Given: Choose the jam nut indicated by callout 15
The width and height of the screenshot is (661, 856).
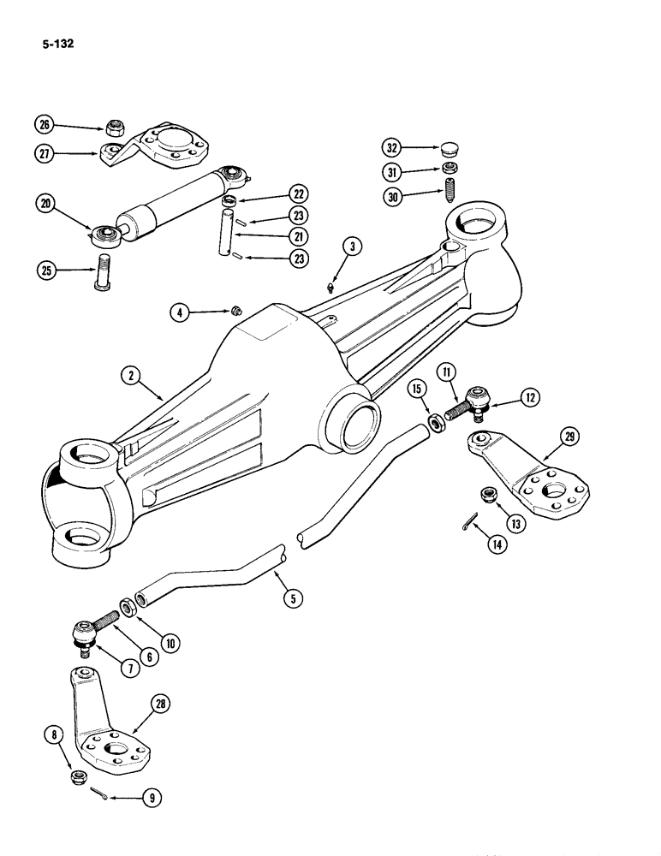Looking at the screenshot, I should click(x=436, y=422).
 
